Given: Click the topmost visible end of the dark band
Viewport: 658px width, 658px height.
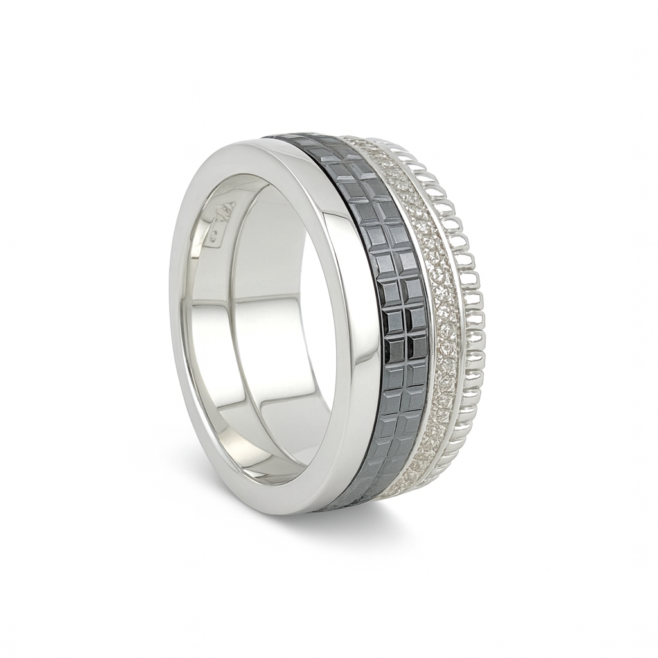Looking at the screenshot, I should point(289,137).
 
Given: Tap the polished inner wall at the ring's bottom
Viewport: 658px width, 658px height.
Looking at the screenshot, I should point(257,443).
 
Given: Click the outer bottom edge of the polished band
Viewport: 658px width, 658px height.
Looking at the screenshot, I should point(289,508).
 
